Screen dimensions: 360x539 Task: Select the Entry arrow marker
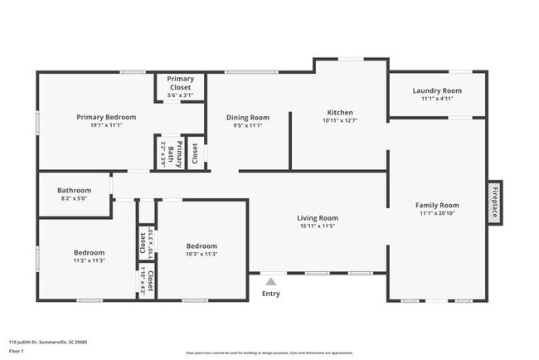(x=271, y=282)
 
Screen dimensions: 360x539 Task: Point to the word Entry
(x=271, y=294)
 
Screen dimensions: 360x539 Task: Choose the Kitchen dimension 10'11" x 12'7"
(x=340, y=121)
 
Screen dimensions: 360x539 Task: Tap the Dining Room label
(x=248, y=117)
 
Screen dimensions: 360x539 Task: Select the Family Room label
(x=437, y=205)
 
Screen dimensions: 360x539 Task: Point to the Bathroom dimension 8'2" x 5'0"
(x=75, y=199)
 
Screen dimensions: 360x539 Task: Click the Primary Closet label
(x=181, y=83)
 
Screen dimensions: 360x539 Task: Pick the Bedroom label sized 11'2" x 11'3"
(x=89, y=252)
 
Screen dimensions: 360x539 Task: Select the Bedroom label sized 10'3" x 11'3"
(x=202, y=246)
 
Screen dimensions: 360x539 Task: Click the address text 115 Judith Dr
(x=48, y=341)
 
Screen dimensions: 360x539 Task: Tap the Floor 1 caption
(x=17, y=351)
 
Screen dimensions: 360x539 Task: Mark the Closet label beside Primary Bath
(x=196, y=153)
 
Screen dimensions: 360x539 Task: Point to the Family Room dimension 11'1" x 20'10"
(x=437, y=213)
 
